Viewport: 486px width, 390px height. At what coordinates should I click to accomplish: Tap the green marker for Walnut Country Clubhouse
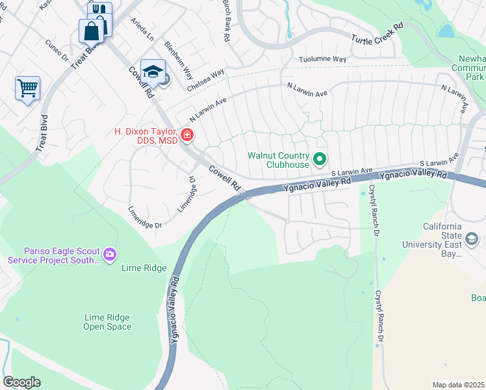click(x=320, y=159)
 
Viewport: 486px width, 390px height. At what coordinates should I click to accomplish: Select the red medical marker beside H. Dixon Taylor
click(x=187, y=135)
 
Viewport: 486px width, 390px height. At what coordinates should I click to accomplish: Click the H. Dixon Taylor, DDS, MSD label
click(x=146, y=136)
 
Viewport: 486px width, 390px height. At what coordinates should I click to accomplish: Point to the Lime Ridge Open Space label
click(x=107, y=322)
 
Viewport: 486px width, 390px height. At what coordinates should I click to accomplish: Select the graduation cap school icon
click(x=153, y=71)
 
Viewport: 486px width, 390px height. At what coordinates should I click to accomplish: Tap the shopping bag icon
click(x=92, y=30)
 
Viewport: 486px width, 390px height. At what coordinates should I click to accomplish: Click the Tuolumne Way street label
click(x=322, y=59)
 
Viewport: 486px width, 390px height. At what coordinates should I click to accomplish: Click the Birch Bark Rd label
click(x=226, y=21)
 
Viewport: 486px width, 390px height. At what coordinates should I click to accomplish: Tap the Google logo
click(x=21, y=382)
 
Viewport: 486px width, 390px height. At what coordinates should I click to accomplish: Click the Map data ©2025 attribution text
click(x=458, y=385)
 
